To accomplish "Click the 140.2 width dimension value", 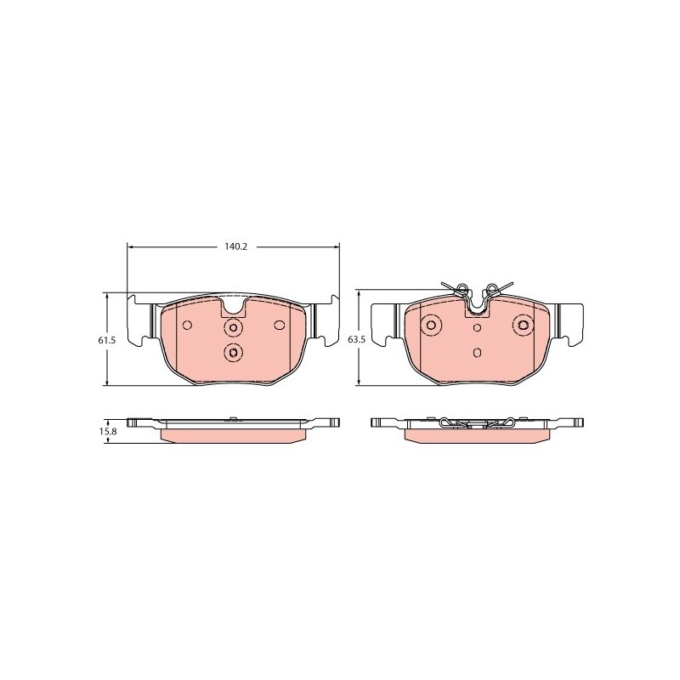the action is coord(235,246).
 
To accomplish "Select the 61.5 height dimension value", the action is coord(106,341).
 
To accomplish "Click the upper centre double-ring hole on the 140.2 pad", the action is coord(234,328).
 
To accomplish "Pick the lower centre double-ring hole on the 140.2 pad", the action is coord(234,352).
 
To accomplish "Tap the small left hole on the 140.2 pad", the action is coord(187,325).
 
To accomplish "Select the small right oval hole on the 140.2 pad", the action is coord(280,325).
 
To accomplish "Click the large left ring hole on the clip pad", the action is coord(432,325).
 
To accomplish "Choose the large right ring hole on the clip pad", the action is coord(523,325).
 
